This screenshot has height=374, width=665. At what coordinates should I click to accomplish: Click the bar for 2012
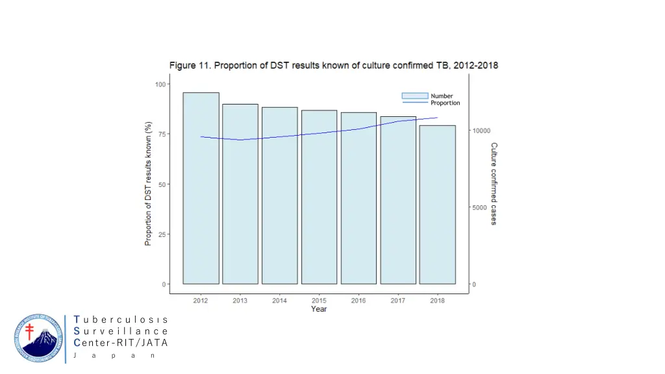tap(201, 188)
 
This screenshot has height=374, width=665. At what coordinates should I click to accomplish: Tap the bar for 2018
tap(437, 205)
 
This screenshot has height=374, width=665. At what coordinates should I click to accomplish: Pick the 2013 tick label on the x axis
tap(240, 301)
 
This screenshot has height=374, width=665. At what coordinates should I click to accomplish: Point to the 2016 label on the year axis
tap(358, 301)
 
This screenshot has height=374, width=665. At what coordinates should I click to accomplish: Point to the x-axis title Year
tap(319, 309)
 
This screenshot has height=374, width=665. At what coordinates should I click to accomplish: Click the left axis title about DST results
tap(148, 184)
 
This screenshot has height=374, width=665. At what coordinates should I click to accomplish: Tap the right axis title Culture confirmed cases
tap(494, 184)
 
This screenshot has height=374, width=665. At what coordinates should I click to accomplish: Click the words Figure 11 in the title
tap(190, 66)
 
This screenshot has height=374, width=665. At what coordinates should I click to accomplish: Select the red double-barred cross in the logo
tap(29, 331)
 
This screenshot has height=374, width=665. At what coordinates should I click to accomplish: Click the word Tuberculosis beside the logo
tap(121, 319)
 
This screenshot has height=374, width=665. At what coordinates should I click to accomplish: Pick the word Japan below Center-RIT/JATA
tap(113, 355)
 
